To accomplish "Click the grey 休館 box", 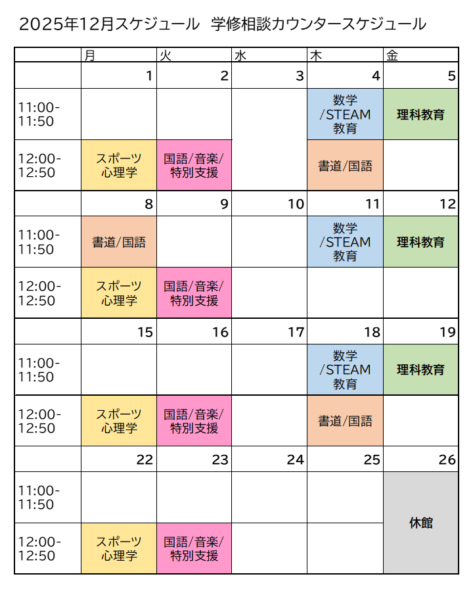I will [x=420, y=523].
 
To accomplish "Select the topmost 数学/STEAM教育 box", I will [x=345, y=114].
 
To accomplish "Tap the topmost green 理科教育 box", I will [x=420, y=114].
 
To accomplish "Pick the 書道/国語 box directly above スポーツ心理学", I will [x=119, y=242].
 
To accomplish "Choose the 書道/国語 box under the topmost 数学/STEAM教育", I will [x=345, y=166].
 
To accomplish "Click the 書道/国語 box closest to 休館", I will [x=345, y=421].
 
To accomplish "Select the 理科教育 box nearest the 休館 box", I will [x=420, y=369].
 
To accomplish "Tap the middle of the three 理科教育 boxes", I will [x=420, y=242].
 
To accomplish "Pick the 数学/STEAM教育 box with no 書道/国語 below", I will [x=345, y=242].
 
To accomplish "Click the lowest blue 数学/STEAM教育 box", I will [x=345, y=369].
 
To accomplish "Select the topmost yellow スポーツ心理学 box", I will [x=119, y=166].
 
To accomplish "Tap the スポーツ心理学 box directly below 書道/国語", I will [x=119, y=293].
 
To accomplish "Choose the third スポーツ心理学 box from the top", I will [x=119, y=421].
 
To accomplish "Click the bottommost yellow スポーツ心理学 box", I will [x=119, y=548].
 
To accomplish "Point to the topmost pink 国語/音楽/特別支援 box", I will [x=194, y=166].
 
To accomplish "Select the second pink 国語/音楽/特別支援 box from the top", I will [x=194, y=293].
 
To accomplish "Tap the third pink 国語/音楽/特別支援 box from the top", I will [x=194, y=421].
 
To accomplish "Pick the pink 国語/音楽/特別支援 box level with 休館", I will [x=194, y=548].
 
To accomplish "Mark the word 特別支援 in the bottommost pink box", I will [x=194, y=555].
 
